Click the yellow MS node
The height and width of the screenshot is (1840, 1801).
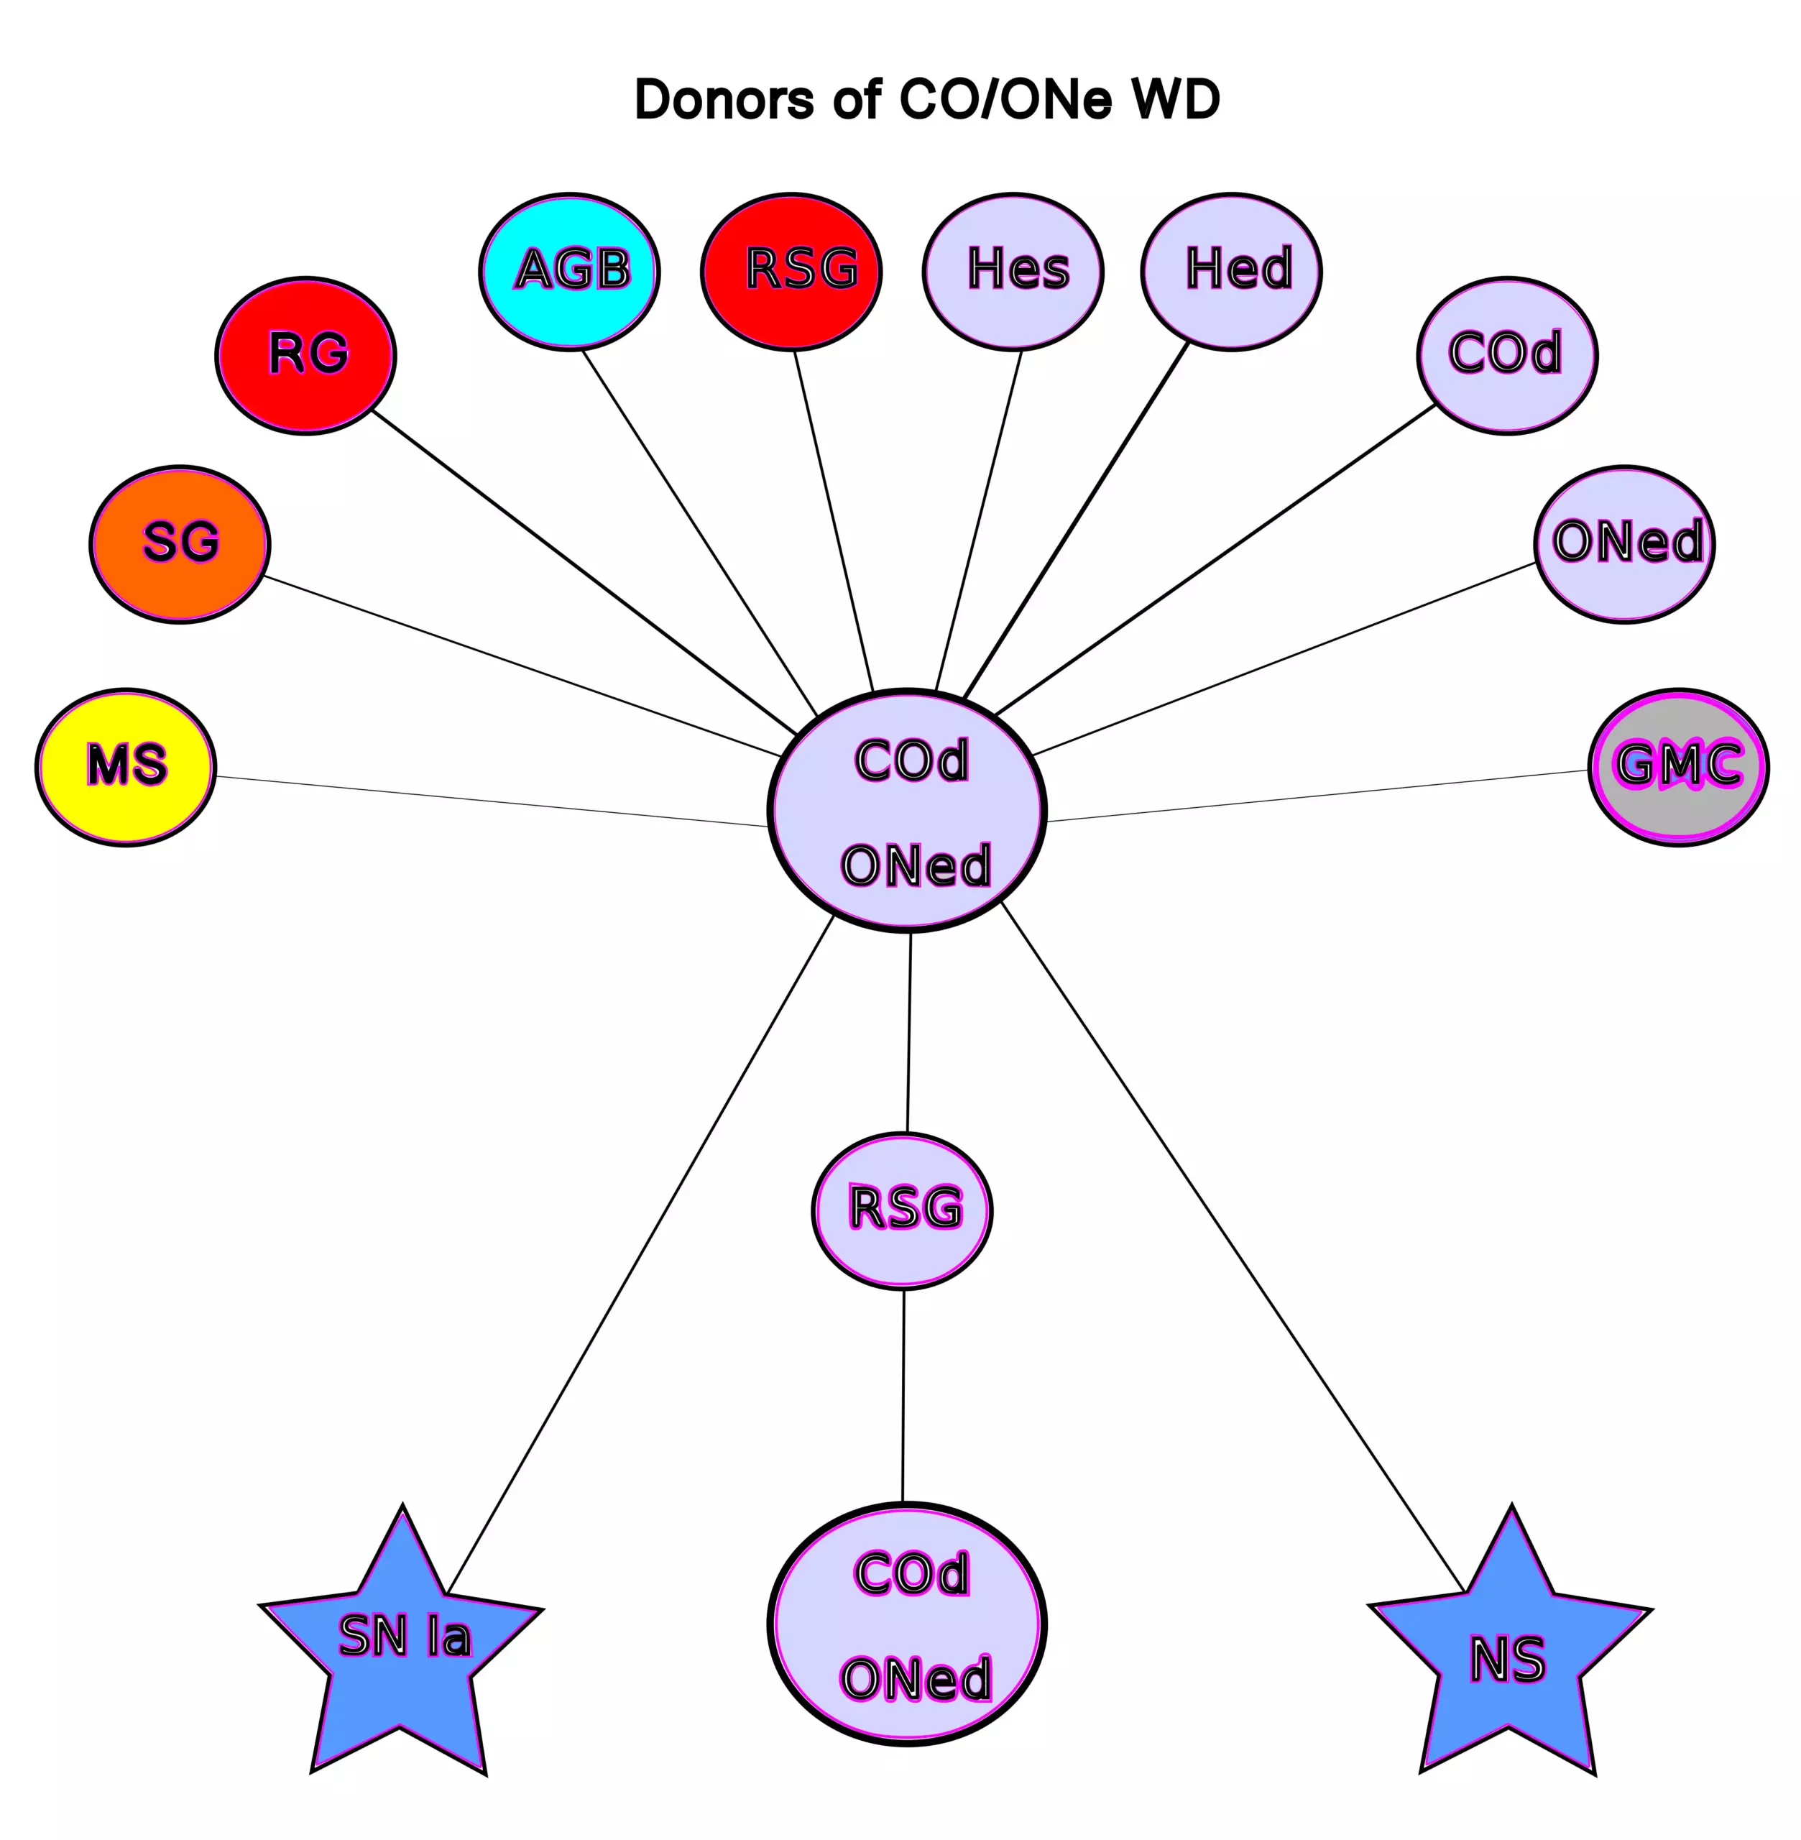(x=126, y=767)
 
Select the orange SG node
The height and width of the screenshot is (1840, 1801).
(x=180, y=544)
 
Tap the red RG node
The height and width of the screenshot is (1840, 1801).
(x=305, y=356)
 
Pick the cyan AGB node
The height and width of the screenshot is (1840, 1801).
(x=569, y=272)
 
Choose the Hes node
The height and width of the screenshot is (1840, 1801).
(x=1013, y=272)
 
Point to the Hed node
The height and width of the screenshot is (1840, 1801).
(x=1232, y=272)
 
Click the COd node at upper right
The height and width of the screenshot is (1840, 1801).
(x=1508, y=356)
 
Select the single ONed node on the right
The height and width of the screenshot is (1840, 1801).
(x=1625, y=544)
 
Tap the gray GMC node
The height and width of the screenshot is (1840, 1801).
(x=1679, y=767)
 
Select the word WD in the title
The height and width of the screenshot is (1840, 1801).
(x=1176, y=99)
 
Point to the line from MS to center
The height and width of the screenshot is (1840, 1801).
(x=492, y=801)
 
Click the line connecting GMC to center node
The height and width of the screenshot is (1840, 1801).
(x=1314, y=796)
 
